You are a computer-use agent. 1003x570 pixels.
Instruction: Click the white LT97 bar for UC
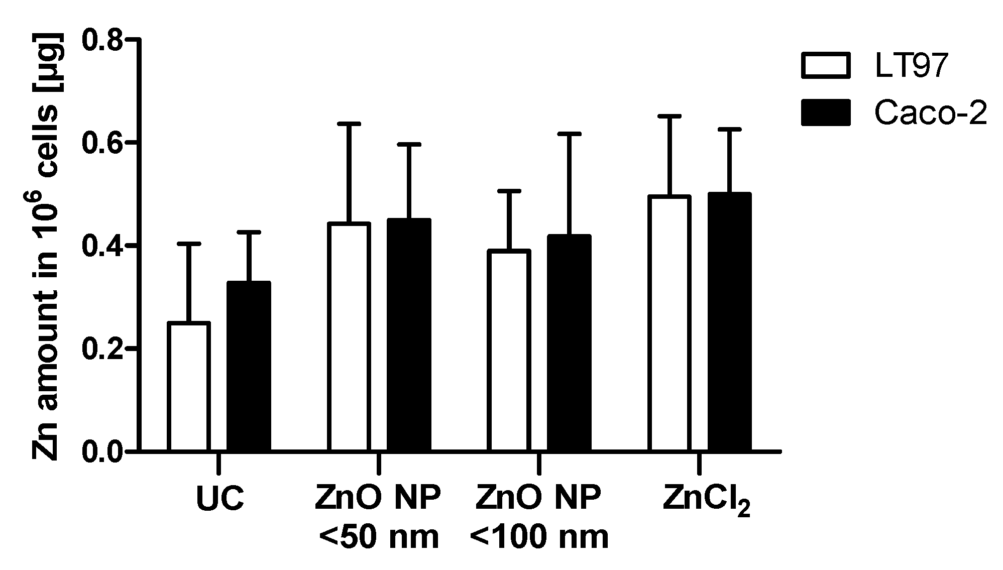tap(188, 387)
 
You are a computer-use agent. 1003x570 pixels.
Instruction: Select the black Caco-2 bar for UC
tap(249, 366)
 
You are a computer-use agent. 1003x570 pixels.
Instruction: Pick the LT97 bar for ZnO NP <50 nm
tap(349, 337)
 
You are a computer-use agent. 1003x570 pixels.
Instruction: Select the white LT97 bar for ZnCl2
tap(670, 323)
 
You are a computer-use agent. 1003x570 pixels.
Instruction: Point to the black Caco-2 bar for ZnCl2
tap(729, 322)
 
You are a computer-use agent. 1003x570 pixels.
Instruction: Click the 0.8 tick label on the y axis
tap(102, 40)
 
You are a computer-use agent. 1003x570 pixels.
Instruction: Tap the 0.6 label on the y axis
tap(102, 143)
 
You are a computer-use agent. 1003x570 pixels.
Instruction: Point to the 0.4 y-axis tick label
tap(102, 246)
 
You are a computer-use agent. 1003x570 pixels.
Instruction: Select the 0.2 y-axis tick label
tap(102, 349)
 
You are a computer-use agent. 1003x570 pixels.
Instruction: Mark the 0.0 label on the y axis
tap(102, 451)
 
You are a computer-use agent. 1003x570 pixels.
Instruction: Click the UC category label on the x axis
tap(220, 499)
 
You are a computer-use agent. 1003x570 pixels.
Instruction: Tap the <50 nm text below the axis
tap(379, 537)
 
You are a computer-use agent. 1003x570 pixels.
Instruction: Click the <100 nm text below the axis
tap(539, 537)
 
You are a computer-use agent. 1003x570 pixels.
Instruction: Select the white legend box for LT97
tap(826, 65)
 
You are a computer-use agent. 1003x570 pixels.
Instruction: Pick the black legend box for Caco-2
tap(826, 112)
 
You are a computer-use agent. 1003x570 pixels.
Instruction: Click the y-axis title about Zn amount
tap(46, 246)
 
